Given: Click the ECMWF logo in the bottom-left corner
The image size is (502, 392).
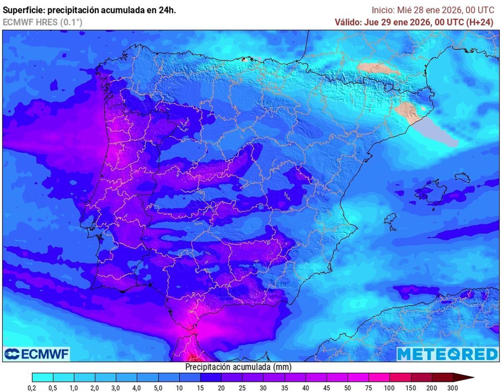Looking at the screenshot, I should (x=36, y=354).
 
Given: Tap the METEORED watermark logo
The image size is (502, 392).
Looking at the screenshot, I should (x=447, y=354).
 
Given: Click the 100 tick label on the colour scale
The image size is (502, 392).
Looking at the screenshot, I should (x=389, y=388).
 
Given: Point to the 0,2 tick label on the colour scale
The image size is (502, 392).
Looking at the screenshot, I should (x=32, y=388).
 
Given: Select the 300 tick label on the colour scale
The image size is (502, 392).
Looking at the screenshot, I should (x=452, y=388).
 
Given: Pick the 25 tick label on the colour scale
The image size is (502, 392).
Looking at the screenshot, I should (x=242, y=388).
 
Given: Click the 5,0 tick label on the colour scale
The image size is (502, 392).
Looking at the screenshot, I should (x=158, y=388).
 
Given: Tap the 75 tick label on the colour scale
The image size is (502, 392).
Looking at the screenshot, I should (x=368, y=388).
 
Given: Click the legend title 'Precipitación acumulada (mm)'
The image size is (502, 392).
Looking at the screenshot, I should (x=238, y=367).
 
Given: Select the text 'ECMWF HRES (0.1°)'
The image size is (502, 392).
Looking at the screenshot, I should (x=42, y=22).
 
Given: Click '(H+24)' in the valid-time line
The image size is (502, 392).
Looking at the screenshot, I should (x=479, y=23).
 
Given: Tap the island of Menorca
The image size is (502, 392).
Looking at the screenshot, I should (x=462, y=178).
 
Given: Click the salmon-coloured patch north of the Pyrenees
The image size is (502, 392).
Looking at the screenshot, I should (x=376, y=68).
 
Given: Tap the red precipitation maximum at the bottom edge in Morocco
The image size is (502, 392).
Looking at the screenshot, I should (x=194, y=357).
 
